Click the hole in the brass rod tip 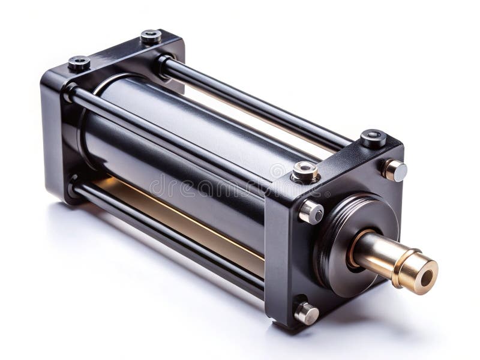pos(427,278)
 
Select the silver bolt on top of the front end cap pos(304,173)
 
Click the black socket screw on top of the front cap pos(373,139)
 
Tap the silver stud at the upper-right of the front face pos(394,170)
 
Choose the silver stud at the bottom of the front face pos(306,313)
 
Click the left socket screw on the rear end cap pos(79,63)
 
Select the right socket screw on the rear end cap pos(151,37)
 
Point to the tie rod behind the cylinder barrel pos(252,102)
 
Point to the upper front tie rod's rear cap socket pos(71,92)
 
